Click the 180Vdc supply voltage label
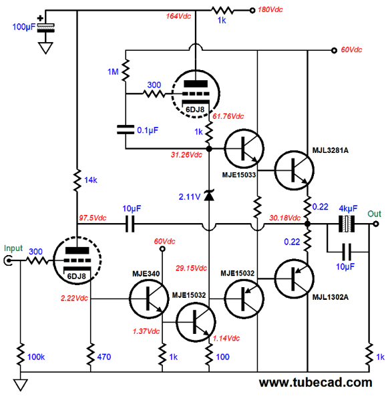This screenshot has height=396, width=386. tap(270, 10)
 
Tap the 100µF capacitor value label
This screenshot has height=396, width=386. tap(24, 27)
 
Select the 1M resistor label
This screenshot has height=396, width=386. tap(113, 72)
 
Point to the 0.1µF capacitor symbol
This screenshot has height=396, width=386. tap(126, 130)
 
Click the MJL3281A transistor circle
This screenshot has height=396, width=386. tap(294, 170)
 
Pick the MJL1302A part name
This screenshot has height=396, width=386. tap(330, 297)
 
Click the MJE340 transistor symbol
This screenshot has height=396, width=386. tap(149, 299)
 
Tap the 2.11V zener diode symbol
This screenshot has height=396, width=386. tap(209, 195)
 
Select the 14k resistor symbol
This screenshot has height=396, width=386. tap(77, 180)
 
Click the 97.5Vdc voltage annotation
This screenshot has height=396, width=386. tap(92, 218)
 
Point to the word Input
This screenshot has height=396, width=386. tap(13, 248)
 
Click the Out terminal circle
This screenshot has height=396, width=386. tap(376, 224)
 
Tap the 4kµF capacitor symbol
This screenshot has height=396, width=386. tap(347, 224)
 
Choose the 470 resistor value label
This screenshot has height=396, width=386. tap(104, 357)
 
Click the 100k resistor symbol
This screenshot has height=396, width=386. tap(21, 355)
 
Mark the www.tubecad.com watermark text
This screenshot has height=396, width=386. tap(315, 383)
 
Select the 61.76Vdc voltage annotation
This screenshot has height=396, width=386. tap(228, 116)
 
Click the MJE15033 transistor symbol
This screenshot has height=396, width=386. tap(244, 149)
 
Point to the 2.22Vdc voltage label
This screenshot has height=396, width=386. tap(74, 298)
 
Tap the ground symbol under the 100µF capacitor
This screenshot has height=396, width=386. tap(45, 47)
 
